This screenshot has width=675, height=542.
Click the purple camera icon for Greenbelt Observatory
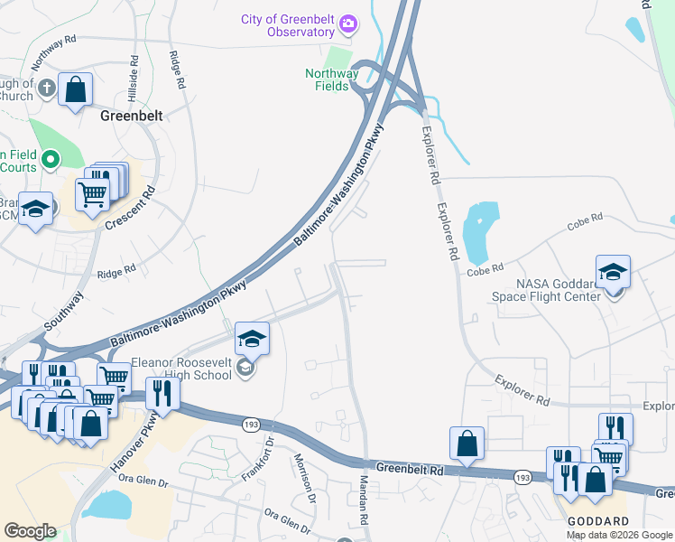[349, 23]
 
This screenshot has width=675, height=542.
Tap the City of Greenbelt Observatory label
[287, 25]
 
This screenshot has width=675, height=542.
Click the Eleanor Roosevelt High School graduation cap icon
[253, 339]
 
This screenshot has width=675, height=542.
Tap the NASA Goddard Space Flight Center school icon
[613, 272]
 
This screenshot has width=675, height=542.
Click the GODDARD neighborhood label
[597, 522]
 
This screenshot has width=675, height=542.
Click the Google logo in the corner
[30, 531]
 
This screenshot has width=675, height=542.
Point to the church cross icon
[46, 89]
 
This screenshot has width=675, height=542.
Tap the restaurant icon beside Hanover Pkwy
[162, 392]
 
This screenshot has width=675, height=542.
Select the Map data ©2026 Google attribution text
[619, 535]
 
